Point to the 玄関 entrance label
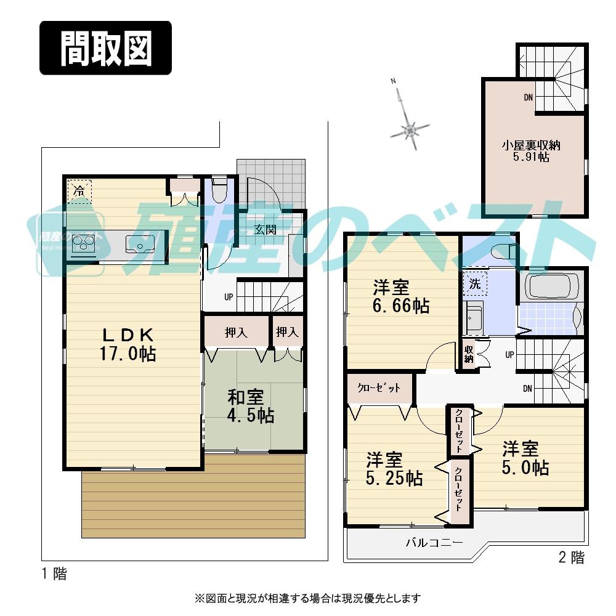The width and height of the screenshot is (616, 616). pos(265,230)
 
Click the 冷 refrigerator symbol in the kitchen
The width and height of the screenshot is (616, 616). pos(79,191)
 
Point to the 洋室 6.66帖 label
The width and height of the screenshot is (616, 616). pos(400,296)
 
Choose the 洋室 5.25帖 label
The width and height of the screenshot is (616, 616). pos(394,469)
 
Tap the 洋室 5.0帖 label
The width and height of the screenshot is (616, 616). pos(524,458)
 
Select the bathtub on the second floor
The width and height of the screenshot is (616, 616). pos(551,286)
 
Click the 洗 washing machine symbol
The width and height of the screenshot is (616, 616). pos(474,284)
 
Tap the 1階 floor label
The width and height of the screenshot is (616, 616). pos(54,575)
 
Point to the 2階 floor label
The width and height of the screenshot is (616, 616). pos(571,558)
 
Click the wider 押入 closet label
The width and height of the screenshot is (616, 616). pos(236,333)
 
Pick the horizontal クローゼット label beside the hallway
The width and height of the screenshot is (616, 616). pos(379,388)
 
